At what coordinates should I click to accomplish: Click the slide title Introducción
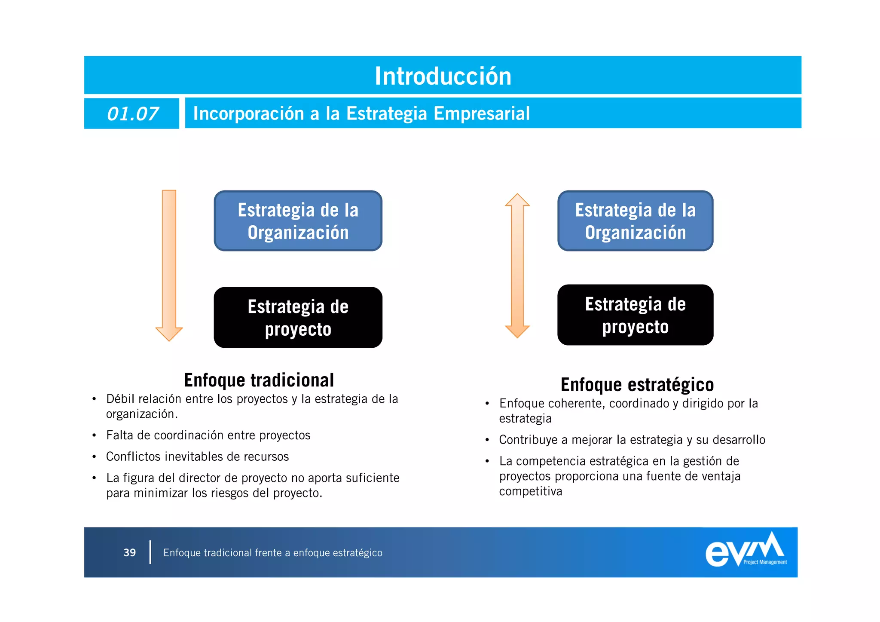click(x=443, y=76)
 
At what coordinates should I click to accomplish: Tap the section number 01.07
click(x=132, y=114)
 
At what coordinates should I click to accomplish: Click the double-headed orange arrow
click(x=517, y=265)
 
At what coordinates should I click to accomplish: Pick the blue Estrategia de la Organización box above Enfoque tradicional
click(x=298, y=221)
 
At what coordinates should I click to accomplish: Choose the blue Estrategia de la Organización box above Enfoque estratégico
click(x=635, y=221)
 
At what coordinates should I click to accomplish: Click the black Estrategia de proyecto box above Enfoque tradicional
click(x=298, y=318)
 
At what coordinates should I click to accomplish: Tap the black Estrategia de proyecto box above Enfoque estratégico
click(x=635, y=315)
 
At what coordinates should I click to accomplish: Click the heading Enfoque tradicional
click(x=259, y=380)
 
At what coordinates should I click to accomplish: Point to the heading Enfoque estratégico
click(x=637, y=385)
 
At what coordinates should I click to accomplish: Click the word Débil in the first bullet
click(x=120, y=399)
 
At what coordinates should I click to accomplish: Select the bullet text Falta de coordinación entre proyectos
click(x=208, y=435)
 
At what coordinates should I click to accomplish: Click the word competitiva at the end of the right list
click(x=530, y=491)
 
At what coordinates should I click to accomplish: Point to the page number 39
click(x=129, y=553)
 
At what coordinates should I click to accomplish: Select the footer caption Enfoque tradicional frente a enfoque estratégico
click(x=272, y=553)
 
